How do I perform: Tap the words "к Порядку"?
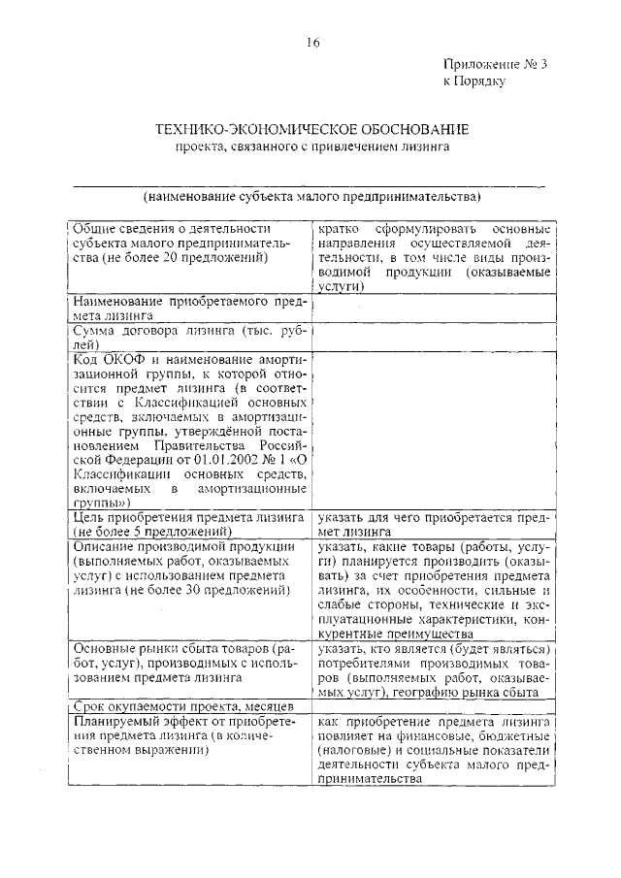click(474, 82)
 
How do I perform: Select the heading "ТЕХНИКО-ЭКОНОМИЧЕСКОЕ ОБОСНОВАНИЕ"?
click(312, 129)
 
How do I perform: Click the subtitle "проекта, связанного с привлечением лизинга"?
click(312, 147)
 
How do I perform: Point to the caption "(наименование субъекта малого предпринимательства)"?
click(312, 196)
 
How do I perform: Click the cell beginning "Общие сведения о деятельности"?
click(190, 244)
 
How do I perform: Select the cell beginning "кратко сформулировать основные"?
click(434, 257)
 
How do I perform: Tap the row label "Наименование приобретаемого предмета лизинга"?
click(190, 308)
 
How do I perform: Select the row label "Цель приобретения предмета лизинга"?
click(190, 525)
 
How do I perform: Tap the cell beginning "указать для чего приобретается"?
click(434, 525)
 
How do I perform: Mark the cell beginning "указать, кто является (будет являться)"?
click(434, 668)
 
